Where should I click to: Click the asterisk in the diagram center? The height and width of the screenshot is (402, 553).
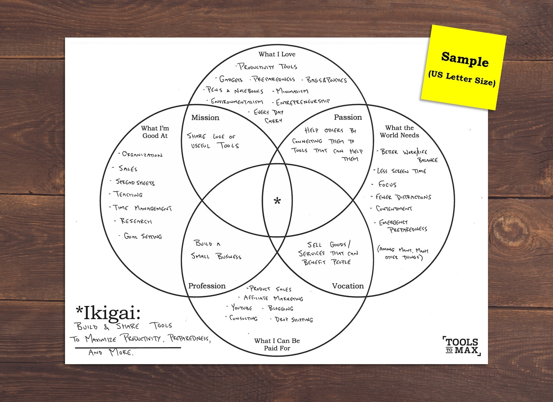click(277, 201)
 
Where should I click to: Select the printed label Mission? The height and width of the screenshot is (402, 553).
click(205, 118)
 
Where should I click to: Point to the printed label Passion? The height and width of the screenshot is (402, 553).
click(348, 117)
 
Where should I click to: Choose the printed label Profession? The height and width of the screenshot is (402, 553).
click(207, 286)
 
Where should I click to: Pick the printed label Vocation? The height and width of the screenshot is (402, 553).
click(348, 286)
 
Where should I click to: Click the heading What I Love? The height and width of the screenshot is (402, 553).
click(277, 54)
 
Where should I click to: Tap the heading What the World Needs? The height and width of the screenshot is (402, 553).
click(399, 132)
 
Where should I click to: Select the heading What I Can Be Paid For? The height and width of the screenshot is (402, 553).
click(277, 344)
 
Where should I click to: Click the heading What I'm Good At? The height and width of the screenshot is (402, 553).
click(155, 132)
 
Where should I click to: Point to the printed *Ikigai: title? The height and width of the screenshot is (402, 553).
click(108, 313)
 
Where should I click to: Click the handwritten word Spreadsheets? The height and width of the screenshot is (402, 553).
click(135, 183)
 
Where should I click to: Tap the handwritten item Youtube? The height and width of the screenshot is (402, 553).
click(241, 308)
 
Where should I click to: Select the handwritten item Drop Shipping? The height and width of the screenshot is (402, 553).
click(294, 319)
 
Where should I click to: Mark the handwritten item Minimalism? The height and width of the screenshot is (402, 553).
click(292, 91)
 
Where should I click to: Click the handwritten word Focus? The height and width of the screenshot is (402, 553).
click(387, 184)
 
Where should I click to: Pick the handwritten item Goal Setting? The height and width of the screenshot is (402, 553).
click(143, 236)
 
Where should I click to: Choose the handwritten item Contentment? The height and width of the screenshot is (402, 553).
click(394, 209)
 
